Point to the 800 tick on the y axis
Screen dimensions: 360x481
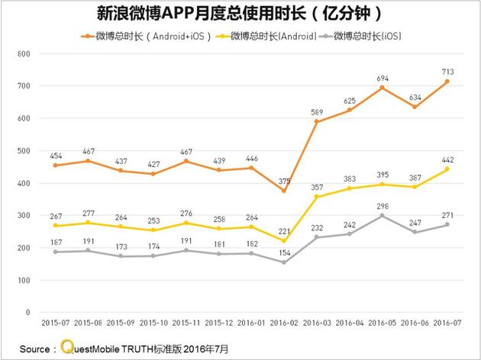click(22, 54)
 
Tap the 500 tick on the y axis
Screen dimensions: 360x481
click(22, 151)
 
